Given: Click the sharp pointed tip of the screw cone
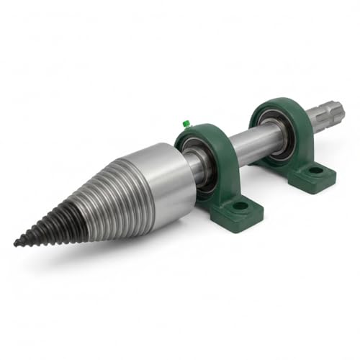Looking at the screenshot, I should [17, 243].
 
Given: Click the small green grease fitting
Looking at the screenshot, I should [186, 123].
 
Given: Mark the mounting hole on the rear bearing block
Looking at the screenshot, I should [315, 171].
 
